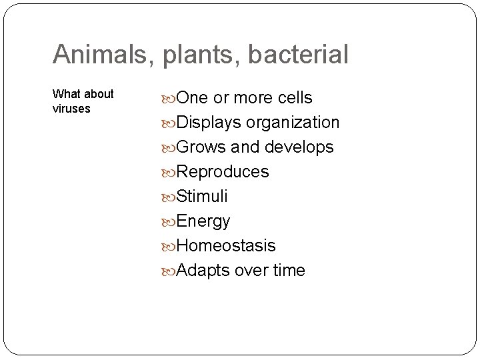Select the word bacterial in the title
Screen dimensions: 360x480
(299, 55)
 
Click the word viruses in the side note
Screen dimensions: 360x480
(71, 109)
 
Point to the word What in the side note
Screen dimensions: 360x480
(65, 94)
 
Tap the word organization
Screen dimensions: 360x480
(293, 123)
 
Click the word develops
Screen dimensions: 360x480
(299, 147)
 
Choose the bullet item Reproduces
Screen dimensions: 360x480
(223, 172)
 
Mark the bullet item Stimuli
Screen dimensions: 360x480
(203, 197)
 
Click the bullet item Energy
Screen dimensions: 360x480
(203, 221)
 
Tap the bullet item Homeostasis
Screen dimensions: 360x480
(226, 246)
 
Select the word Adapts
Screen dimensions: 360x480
(204, 271)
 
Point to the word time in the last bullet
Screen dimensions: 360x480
(288, 271)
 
